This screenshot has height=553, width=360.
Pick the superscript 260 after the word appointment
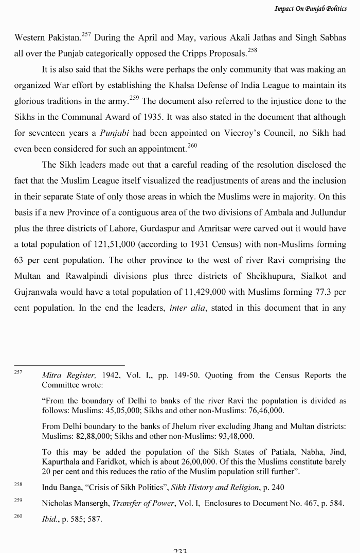tap(192, 146)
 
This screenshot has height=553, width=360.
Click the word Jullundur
tap(326, 212)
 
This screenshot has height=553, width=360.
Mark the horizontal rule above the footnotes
tap(69, 365)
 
